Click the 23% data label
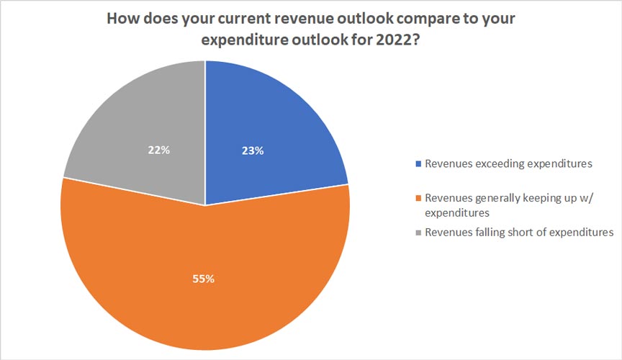pos(253,150)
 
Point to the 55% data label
pos(204,279)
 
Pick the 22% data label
pos(159,150)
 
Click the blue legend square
pos(418,163)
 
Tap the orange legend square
pos(418,198)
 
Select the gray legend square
pos(418,232)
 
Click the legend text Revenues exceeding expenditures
pos(508,163)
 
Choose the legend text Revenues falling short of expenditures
pos(519,232)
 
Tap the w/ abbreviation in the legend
pos(585,198)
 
